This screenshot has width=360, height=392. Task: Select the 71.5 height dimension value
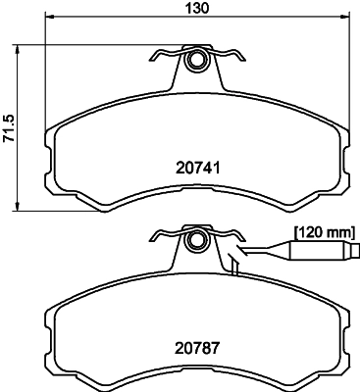tap(9, 126)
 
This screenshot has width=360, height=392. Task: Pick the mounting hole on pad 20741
tap(196, 62)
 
